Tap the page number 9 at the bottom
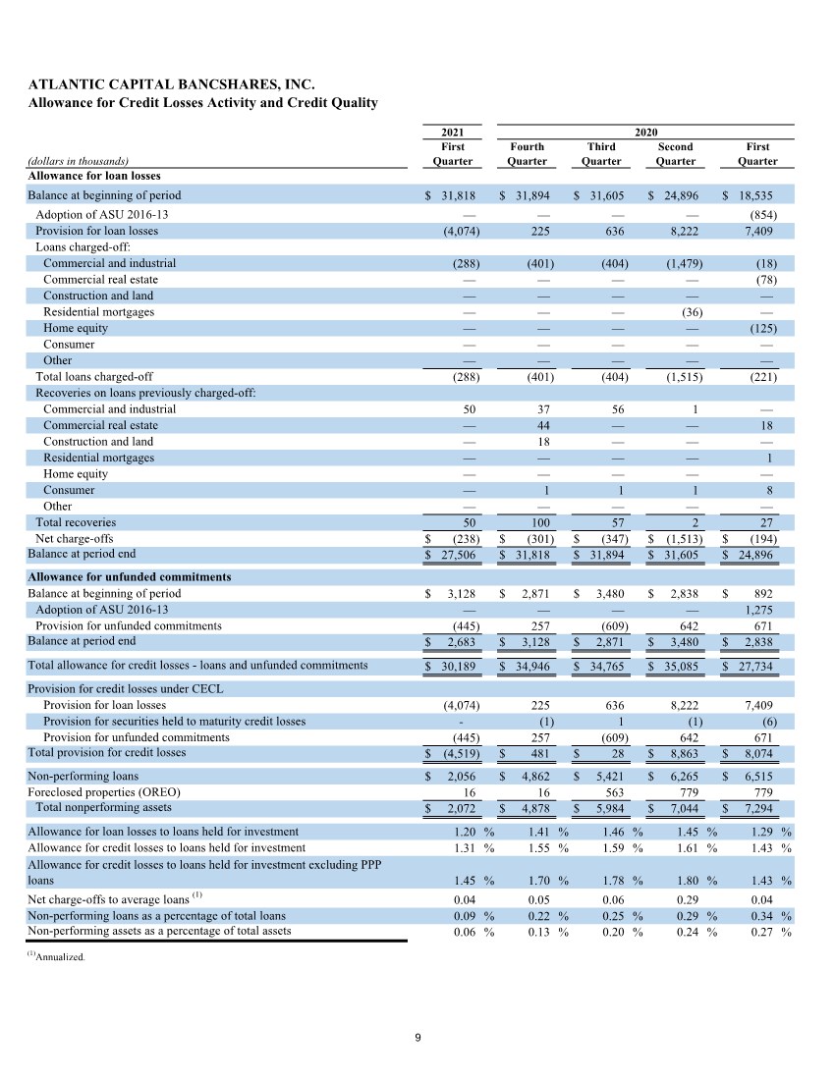click(417, 1038)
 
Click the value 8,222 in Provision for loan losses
click(681, 231)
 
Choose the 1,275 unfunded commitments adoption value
click(756, 610)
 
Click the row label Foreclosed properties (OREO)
click(104, 791)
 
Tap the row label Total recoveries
click(76, 522)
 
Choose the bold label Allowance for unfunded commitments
click(129, 576)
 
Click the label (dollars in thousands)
click(79, 161)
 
